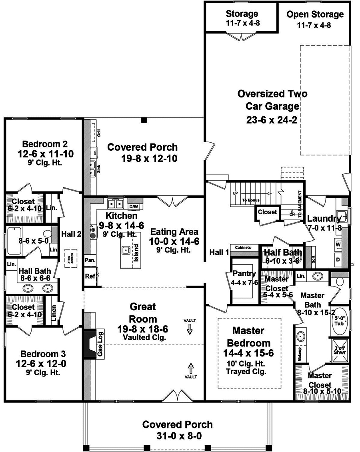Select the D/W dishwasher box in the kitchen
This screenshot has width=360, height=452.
[134, 207]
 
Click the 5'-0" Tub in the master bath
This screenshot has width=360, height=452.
[339, 322]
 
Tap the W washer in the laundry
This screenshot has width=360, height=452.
[338, 244]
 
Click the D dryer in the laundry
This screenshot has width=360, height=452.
[338, 260]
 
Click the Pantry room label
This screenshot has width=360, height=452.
[245, 274]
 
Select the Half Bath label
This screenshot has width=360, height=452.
[281, 252]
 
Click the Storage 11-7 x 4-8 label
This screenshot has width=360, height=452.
[242, 18]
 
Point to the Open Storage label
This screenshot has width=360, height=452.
[315, 15]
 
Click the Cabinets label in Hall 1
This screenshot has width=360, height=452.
[243, 247]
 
